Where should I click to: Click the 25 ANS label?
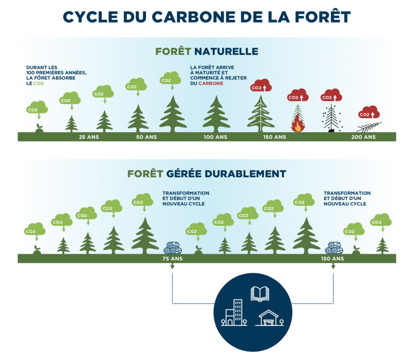click(x=89, y=137)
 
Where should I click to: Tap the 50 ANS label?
click(x=146, y=137)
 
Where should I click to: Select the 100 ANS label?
click(x=216, y=137)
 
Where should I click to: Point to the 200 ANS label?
click(x=363, y=137)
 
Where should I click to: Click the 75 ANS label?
click(x=172, y=259)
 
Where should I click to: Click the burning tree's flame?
click(x=298, y=125)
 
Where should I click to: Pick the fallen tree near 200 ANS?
click(x=369, y=127)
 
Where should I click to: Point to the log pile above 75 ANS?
click(x=172, y=247)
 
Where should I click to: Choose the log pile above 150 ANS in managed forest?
click(x=334, y=247)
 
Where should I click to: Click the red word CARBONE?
click(x=211, y=83)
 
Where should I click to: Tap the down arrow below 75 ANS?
click(x=172, y=266)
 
